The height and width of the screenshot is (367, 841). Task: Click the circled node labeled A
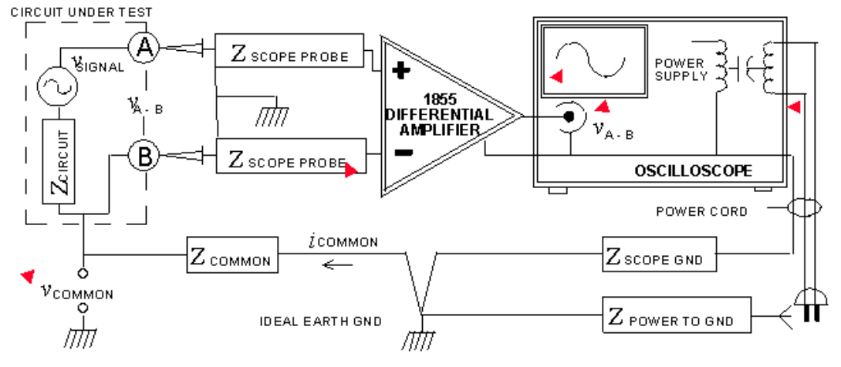143,49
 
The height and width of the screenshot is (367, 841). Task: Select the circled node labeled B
143,157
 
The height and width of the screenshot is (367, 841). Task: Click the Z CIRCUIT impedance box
59,162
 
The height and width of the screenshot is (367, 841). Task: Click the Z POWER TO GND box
677,319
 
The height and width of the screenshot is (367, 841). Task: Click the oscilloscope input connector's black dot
569,117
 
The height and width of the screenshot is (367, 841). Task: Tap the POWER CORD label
701,210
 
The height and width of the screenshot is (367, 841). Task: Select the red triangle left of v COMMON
28,274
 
